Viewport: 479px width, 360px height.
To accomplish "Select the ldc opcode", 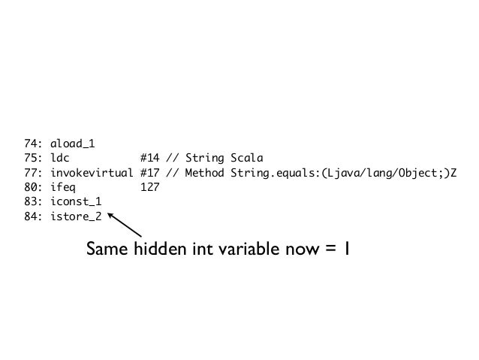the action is click(x=59, y=158).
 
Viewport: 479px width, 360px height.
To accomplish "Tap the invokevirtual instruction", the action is click(x=91, y=174).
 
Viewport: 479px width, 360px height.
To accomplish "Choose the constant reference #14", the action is click(x=149, y=158).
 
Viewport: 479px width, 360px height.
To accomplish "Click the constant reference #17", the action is click(x=149, y=174).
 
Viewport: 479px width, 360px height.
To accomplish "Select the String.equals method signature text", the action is click(x=339, y=174).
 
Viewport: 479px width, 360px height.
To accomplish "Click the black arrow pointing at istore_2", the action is click(x=125, y=225).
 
